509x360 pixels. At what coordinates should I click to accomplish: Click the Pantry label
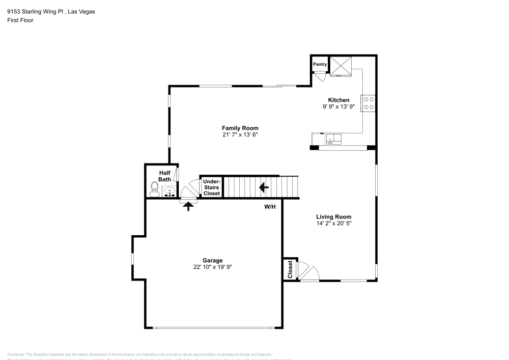[320, 64]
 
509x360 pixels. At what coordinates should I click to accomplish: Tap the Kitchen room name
[338, 100]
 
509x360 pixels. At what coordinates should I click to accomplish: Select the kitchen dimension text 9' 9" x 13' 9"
[338, 107]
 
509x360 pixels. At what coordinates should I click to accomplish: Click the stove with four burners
[369, 103]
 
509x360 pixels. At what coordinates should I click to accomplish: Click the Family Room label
[240, 128]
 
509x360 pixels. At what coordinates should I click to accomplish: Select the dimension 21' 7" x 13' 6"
[240, 135]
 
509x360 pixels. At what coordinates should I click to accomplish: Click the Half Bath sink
[169, 192]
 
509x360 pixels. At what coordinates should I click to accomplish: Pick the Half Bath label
[164, 176]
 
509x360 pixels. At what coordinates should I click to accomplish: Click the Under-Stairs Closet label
[212, 187]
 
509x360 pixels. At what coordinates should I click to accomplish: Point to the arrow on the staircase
[264, 188]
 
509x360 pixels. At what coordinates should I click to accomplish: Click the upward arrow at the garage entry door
[188, 206]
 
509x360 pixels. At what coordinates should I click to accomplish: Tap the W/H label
[270, 207]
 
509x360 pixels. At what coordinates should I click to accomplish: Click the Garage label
[213, 260]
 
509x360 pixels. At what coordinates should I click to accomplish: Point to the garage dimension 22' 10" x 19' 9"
[213, 267]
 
